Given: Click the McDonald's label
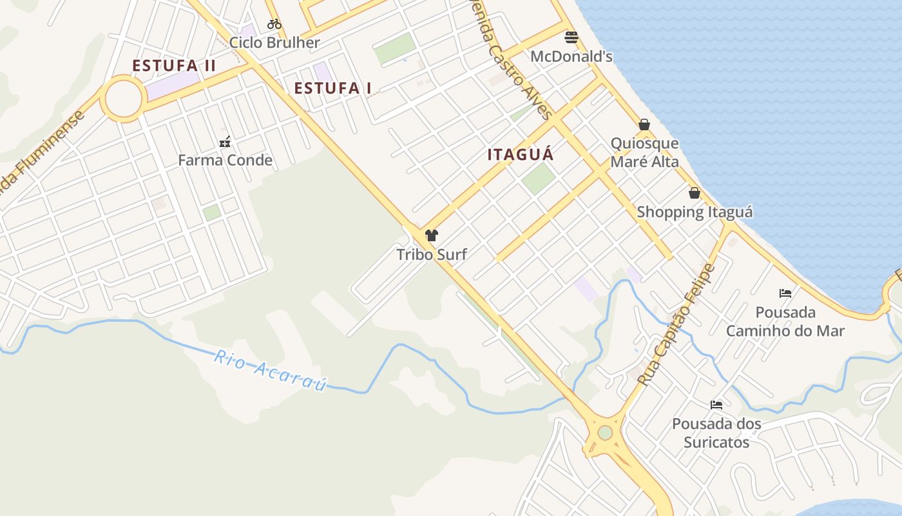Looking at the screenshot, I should pyautogui.click(x=571, y=57).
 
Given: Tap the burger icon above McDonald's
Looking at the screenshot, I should pyautogui.click(x=571, y=37).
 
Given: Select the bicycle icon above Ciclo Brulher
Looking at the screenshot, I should pyautogui.click(x=274, y=24).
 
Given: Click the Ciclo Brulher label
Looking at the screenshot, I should pyautogui.click(x=274, y=43).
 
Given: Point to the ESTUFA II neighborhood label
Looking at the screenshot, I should pyautogui.click(x=174, y=66).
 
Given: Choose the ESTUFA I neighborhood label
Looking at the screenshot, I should pyautogui.click(x=332, y=88).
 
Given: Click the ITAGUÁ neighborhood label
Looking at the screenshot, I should pyautogui.click(x=521, y=155).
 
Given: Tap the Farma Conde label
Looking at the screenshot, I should pyautogui.click(x=225, y=160).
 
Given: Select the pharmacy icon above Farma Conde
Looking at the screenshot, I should pyautogui.click(x=225, y=142).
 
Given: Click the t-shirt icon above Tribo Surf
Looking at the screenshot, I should pyautogui.click(x=432, y=235).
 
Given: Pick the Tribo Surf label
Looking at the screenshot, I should pyautogui.click(x=432, y=254).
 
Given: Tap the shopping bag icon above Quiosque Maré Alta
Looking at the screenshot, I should pyautogui.click(x=644, y=124).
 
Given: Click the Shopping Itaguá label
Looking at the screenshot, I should pyautogui.click(x=695, y=212).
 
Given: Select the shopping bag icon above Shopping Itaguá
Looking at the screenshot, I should pyautogui.click(x=695, y=193).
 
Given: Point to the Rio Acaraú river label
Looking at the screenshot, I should pyautogui.click(x=271, y=370).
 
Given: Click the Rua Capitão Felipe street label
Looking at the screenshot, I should pyautogui.click(x=676, y=325).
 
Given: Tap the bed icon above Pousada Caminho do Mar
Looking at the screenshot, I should pyautogui.click(x=785, y=293).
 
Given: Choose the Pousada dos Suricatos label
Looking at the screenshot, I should pyautogui.click(x=716, y=433).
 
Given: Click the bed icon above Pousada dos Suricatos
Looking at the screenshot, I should pyautogui.click(x=716, y=405).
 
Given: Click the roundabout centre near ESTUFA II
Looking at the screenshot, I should pyautogui.click(x=122, y=99).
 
